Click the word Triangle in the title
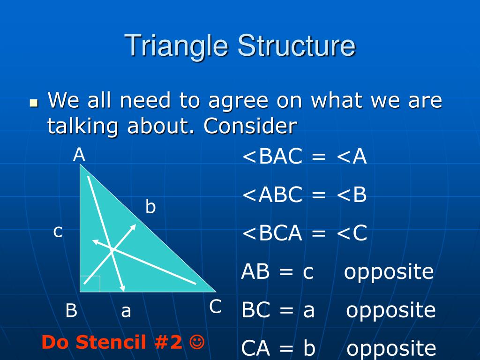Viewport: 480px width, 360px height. point(176,46)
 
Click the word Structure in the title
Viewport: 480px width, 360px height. point(296,45)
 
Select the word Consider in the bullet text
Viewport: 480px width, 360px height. point(250,126)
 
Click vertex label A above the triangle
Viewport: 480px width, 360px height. point(79,155)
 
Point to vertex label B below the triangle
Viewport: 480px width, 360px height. point(71,310)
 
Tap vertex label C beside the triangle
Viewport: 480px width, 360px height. point(216,307)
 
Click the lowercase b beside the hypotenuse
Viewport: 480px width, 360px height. point(150,206)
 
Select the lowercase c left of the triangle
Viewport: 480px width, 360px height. point(58,232)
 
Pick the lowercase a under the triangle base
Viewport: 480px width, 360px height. point(126,312)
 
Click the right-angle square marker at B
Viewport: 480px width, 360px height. point(90,284)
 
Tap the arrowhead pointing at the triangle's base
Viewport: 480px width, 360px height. point(122,288)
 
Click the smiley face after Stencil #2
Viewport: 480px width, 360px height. point(197,342)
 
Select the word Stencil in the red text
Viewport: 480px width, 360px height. point(111,342)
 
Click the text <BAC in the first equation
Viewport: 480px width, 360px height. point(272,156)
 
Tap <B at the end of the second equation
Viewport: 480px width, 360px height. point(352,195)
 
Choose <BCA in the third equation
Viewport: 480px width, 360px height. point(272,233)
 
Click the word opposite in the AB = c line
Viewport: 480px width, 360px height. point(389,272)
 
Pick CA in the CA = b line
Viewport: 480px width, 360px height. point(255,348)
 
